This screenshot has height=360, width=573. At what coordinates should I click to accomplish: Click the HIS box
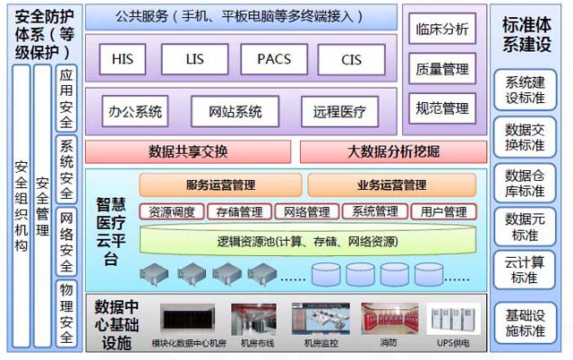click(123, 59)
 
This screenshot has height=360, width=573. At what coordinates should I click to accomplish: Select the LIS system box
click(194, 59)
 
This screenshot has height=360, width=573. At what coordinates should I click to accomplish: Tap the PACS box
click(272, 59)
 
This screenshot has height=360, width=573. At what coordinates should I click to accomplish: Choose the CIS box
click(352, 59)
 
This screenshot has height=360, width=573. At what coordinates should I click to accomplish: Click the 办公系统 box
click(135, 112)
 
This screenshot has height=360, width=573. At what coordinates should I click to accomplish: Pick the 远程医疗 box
click(339, 112)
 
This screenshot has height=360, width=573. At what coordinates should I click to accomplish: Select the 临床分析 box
click(442, 30)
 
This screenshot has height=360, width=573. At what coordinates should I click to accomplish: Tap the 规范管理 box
click(442, 108)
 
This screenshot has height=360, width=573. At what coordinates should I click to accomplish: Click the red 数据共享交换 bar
click(188, 151)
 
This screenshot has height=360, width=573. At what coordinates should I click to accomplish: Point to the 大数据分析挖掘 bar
click(393, 151)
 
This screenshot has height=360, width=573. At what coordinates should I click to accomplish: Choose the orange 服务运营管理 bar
click(220, 185)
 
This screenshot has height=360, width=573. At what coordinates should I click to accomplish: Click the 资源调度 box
click(172, 212)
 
